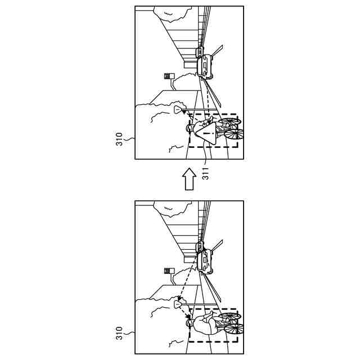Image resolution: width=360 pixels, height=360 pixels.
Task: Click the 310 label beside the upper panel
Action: [119, 139]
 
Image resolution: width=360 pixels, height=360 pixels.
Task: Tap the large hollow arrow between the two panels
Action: [190, 181]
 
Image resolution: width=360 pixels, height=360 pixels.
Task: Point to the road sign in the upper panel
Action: [168, 76]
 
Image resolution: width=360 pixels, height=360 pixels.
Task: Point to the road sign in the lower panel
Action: [168, 271]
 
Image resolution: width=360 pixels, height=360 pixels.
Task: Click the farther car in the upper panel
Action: [200, 52]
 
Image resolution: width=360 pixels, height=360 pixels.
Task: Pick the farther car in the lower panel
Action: [200, 247]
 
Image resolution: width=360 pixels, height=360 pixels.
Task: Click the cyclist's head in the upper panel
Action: [190, 129]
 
